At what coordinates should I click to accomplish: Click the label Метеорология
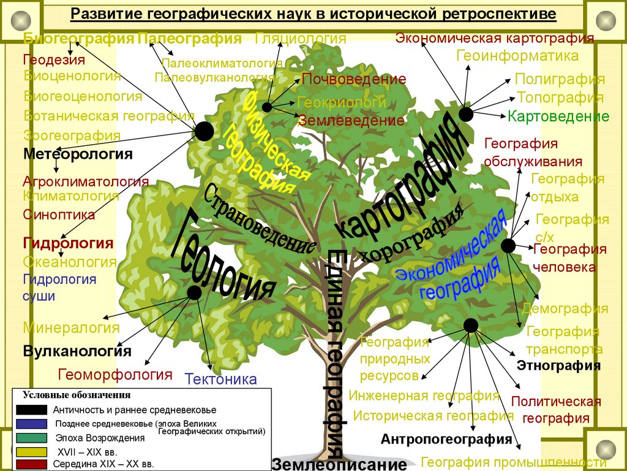point(78,154)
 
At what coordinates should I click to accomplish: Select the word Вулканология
point(77,351)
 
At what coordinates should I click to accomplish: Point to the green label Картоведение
point(558,116)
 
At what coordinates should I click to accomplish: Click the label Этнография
point(558,366)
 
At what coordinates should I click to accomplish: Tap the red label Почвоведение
point(354,79)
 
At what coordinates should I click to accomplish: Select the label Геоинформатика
point(517,56)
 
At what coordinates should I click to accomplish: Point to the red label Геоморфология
point(115,374)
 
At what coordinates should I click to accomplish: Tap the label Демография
point(565,308)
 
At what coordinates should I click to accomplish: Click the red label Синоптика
point(59,215)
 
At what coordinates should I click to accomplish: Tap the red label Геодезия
point(54,60)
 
